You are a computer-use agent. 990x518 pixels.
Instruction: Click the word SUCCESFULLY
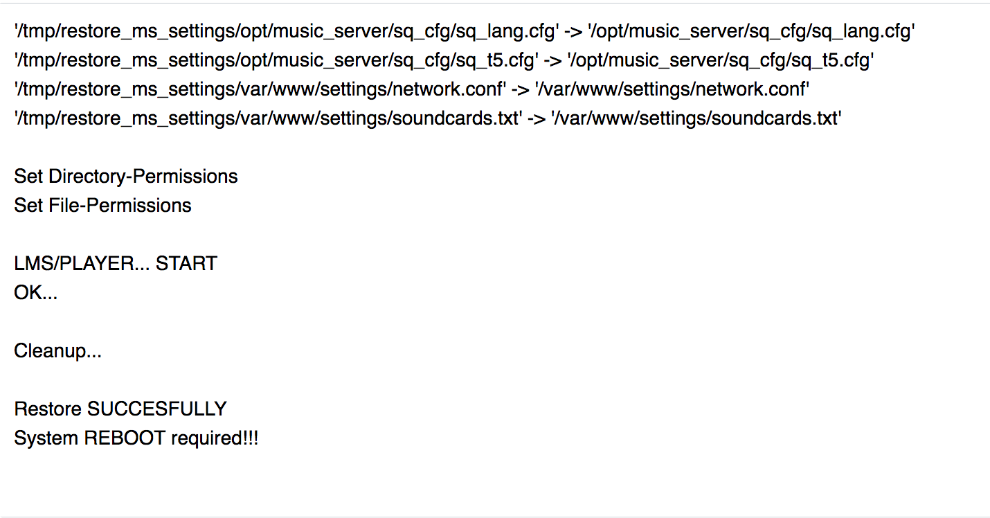coord(156,409)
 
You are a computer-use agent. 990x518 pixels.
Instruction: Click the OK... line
coord(35,293)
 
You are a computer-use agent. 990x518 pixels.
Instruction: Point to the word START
coord(186,264)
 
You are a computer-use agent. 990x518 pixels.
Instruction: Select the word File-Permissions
coord(120,206)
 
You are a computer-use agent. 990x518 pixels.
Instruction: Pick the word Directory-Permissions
coord(143,177)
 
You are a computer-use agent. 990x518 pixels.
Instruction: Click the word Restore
coord(48,409)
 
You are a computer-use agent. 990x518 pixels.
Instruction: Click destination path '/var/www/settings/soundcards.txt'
coord(696,118)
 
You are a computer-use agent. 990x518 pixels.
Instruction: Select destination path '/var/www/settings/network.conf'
coord(672,89)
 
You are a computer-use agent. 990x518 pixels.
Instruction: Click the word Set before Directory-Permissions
coord(28,177)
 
